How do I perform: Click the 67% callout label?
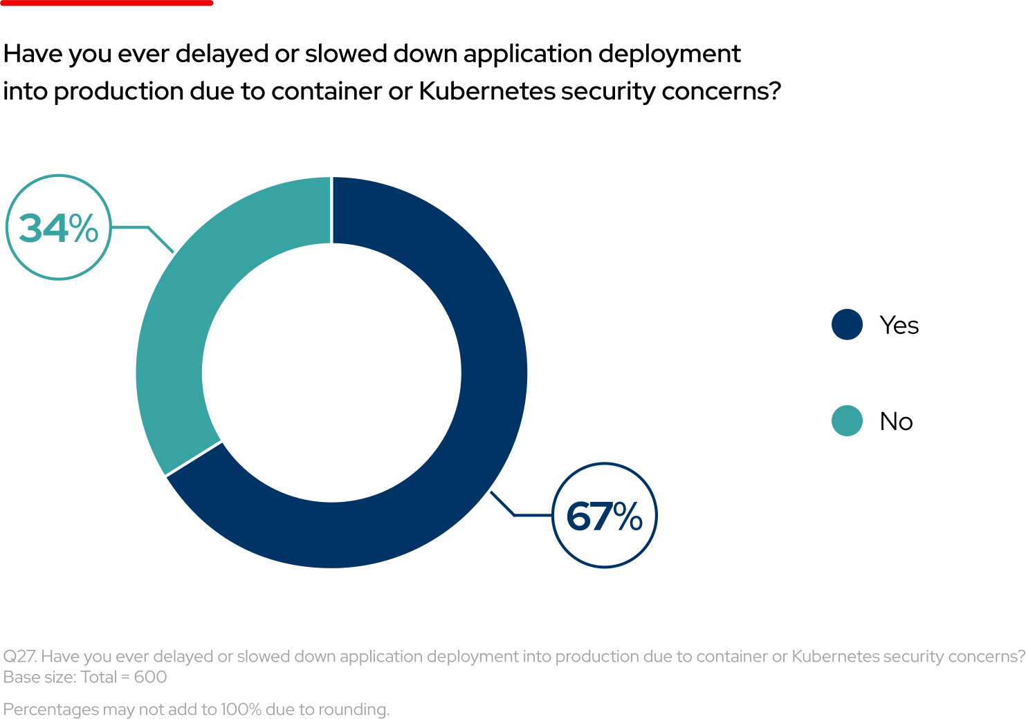[x=604, y=516]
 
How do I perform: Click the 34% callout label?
[x=59, y=227]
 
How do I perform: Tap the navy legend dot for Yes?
[x=847, y=324]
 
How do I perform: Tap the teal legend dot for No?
[x=847, y=421]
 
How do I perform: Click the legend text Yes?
[x=899, y=325]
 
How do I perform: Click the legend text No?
[x=896, y=422]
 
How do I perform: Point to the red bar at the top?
[x=107, y=3]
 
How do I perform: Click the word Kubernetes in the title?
[x=487, y=91]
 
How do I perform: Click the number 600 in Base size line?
[x=150, y=678]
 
